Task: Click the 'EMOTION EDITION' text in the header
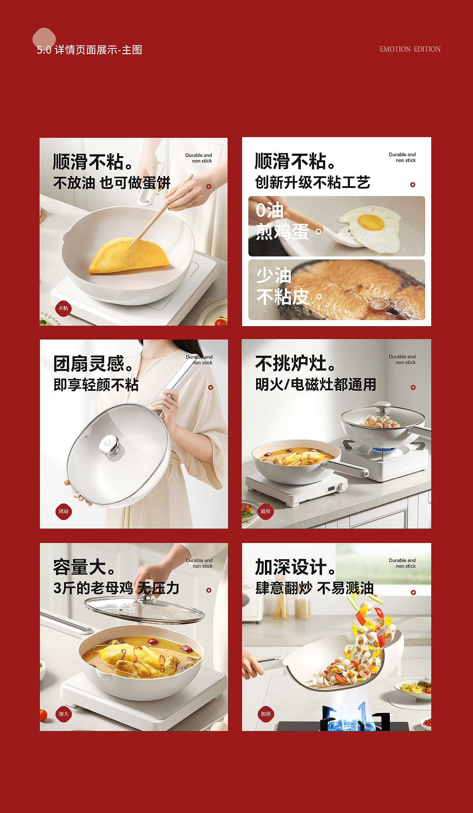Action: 410,49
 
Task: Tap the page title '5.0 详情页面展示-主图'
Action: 89,50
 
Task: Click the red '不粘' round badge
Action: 63,308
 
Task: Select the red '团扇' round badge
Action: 63,512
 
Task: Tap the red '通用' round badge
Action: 265,512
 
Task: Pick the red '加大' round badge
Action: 63,714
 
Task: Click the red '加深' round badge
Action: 266,714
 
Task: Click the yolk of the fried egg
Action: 371,222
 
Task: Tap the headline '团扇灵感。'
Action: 93,364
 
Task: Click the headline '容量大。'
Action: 84,567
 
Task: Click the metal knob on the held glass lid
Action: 110,445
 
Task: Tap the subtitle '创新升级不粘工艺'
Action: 312,182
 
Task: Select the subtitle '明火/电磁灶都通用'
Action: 316,385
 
